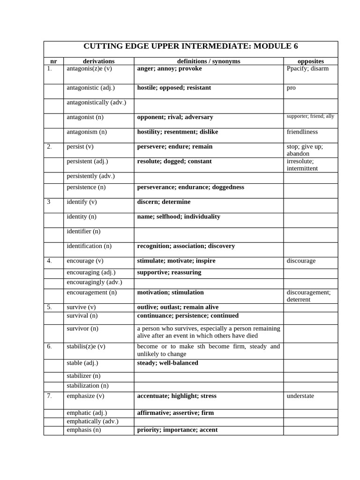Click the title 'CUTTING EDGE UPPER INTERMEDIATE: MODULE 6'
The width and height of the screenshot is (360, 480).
pyautogui.click(x=190, y=46)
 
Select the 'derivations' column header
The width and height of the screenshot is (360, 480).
pyautogui.click(x=98, y=61)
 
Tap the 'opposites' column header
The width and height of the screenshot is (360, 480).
pyautogui.click(x=311, y=61)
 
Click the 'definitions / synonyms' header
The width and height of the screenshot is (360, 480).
pyautogui.click(x=209, y=61)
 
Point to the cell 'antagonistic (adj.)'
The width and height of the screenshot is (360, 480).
pyautogui.click(x=90, y=88)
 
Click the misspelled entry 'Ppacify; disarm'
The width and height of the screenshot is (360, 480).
pyautogui.click(x=307, y=68)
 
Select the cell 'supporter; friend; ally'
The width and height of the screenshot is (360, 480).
pyautogui.click(x=310, y=116)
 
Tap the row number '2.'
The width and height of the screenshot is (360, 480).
pyautogui.click(x=50, y=147)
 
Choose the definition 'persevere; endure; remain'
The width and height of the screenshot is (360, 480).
pyautogui.click(x=175, y=147)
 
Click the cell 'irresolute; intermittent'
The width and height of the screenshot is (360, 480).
pyautogui.click(x=302, y=165)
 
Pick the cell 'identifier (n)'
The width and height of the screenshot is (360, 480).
pyautogui.click(x=83, y=231)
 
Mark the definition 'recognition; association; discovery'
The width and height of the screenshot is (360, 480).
pyautogui.click(x=186, y=246)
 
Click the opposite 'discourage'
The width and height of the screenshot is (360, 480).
pyautogui.click(x=301, y=261)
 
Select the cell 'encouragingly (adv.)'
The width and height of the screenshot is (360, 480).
pyautogui.click(x=94, y=282)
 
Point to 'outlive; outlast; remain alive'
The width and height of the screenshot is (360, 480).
pyautogui.click(x=178, y=307)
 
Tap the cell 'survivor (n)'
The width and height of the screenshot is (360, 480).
pyautogui.click(x=82, y=328)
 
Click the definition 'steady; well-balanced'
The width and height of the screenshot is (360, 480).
pyautogui.click(x=167, y=363)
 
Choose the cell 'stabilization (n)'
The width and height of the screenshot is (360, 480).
pyautogui.click(x=88, y=386)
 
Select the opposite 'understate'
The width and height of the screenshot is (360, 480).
pyautogui.click(x=300, y=396)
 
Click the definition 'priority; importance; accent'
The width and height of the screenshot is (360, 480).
pyautogui.click(x=177, y=430)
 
